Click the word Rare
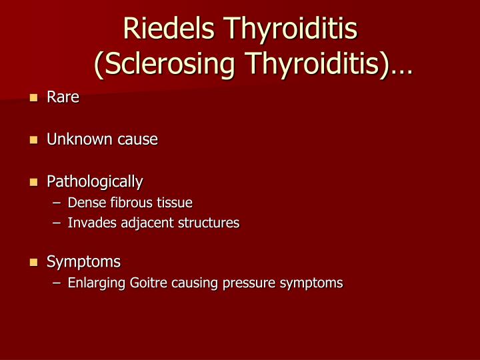[x=63, y=97]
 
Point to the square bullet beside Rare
[x=33, y=98]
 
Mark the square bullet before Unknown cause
[x=33, y=140]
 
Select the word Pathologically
[x=95, y=181]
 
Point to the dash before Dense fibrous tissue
[x=57, y=203]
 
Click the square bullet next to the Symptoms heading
[x=33, y=262]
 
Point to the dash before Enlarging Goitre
[x=57, y=283]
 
